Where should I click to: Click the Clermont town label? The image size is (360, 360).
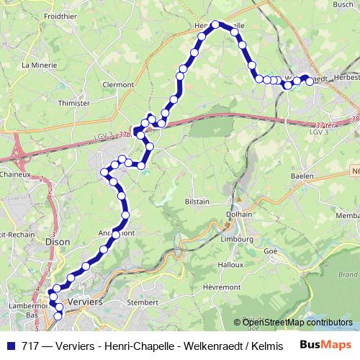[x=118, y=84]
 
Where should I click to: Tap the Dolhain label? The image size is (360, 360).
[x=238, y=214]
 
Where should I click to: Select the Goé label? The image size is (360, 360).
[x=271, y=251]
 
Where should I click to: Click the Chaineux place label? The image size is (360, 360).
[x=14, y=174]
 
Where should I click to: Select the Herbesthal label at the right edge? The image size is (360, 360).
[x=345, y=78]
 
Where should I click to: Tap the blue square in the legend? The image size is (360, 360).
[x=12, y=345]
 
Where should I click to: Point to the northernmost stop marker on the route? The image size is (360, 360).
[x=215, y=24]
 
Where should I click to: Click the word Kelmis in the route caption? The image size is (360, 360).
[x=227, y=345]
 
